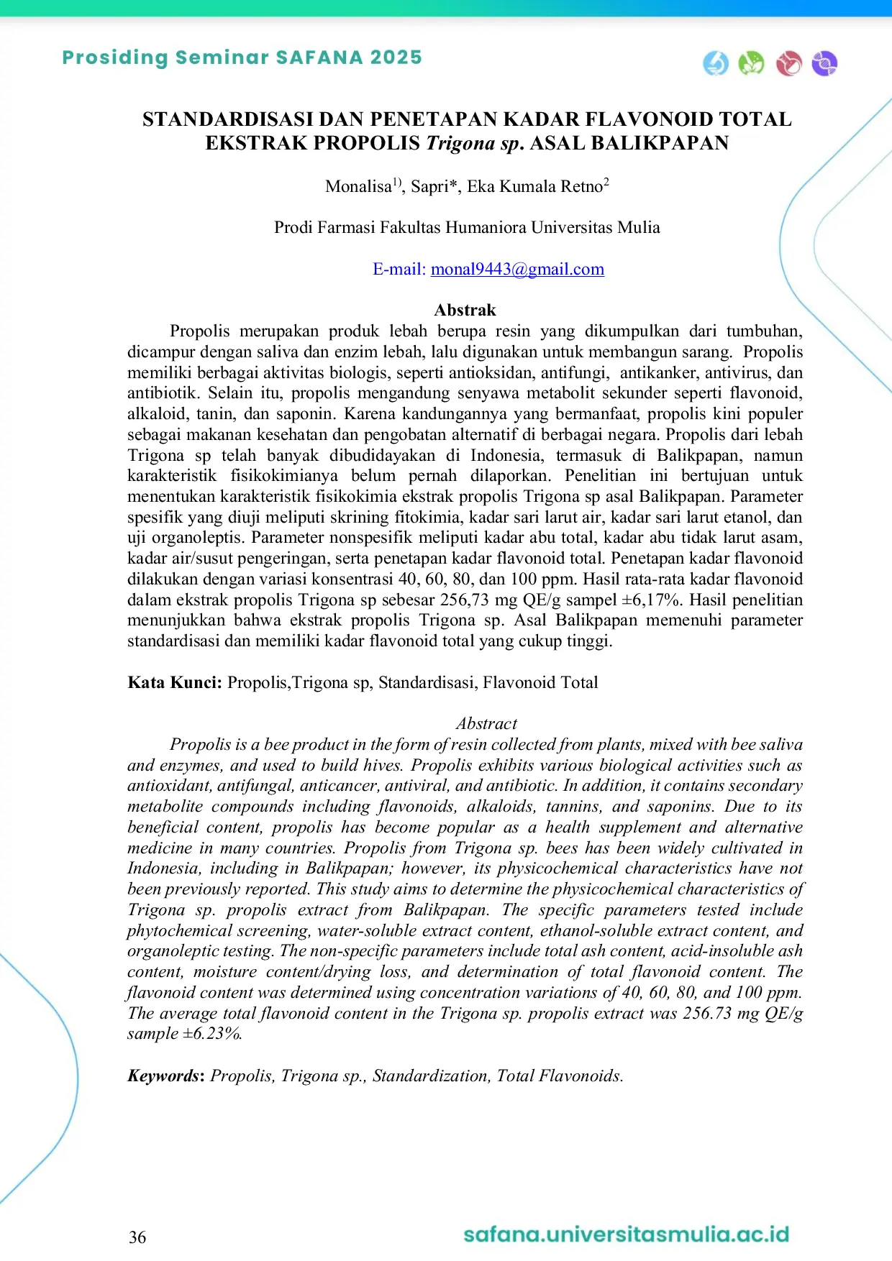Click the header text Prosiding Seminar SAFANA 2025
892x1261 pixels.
click(x=242, y=58)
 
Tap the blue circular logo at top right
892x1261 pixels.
click(x=716, y=63)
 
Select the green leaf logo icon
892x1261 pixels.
click(x=752, y=63)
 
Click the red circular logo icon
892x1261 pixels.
click(x=788, y=63)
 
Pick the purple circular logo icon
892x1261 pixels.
click(x=824, y=63)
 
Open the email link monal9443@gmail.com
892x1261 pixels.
click(x=517, y=269)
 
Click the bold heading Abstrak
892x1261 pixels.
click(x=465, y=310)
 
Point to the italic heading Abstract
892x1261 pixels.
click(x=486, y=723)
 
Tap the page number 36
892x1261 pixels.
click(x=137, y=1237)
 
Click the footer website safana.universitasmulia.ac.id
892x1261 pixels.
click(x=626, y=1234)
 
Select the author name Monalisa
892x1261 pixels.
click(x=358, y=187)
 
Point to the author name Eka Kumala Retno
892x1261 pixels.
click(x=534, y=187)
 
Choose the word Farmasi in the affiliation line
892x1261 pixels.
click(x=346, y=227)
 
